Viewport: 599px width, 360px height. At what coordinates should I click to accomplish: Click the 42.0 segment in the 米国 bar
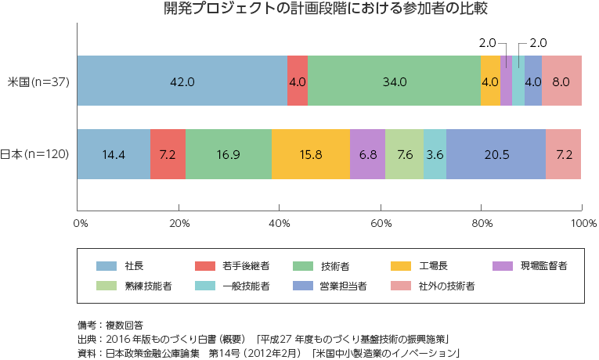point(182,81)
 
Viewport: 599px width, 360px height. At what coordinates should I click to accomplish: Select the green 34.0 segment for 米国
point(394,81)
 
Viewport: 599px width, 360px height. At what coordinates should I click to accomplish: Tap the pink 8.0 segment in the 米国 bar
point(561,81)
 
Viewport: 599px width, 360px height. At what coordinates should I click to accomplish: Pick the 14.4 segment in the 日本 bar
point(114,153)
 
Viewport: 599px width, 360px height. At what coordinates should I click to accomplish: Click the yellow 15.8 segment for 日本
point(311,153)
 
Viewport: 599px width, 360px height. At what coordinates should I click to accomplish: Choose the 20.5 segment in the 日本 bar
point(496,153)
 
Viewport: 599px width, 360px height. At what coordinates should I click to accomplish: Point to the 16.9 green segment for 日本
point(229,153)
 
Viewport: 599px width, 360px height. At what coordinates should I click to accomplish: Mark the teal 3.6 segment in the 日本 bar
point(435,153)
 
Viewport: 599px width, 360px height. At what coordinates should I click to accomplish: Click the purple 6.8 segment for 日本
point(367,153)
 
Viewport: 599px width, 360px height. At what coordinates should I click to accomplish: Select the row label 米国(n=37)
point(38,81)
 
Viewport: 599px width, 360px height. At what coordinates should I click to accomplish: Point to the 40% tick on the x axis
point(280,223)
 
